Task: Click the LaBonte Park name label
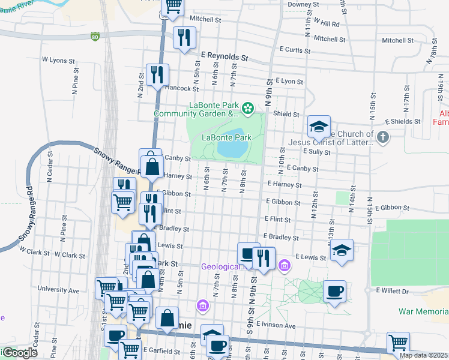point(226,137)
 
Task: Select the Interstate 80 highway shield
point(95,37)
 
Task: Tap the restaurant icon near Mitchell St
point(184,37)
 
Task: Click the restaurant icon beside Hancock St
point(157,74)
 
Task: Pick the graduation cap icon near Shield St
point(319,126)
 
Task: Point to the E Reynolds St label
point(224,58)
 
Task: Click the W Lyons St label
point(58,61)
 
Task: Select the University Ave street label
point(58,290)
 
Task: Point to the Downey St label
point(303,4)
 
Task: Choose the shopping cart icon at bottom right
point(398,343)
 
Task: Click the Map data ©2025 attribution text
point(424,355)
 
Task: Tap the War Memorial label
point(423,311)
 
